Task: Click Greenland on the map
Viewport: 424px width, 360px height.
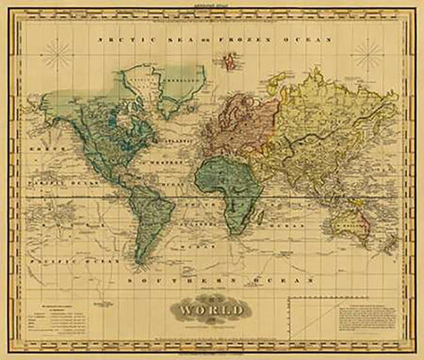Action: click(150, 84)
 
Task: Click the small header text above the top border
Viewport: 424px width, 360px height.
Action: click(212, 6)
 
